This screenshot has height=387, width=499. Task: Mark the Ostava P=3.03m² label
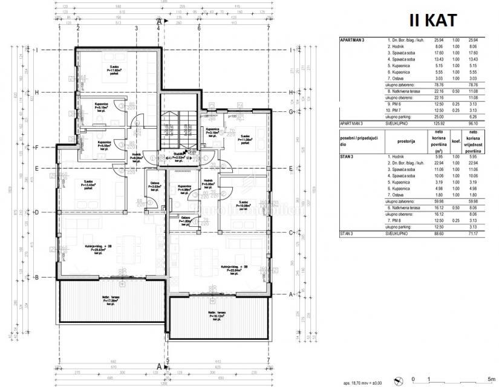point(155,186)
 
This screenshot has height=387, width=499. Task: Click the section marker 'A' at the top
point(158,21)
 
